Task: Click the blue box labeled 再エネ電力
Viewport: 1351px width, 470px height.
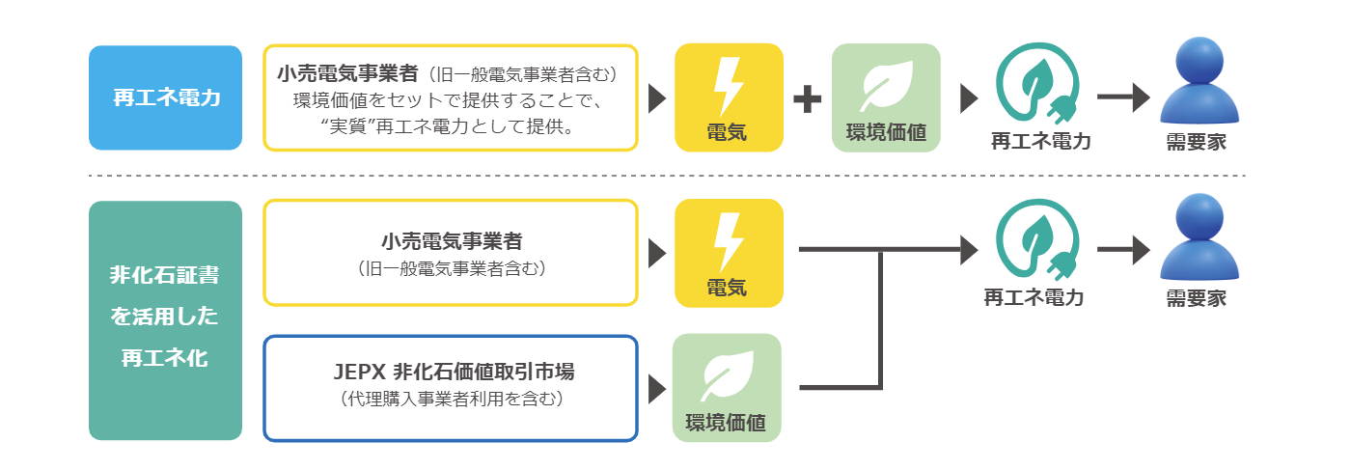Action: coord(165,97)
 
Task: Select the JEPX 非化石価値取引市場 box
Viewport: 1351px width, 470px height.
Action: coord(451,387)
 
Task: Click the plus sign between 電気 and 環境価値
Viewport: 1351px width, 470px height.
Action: coord(807,98)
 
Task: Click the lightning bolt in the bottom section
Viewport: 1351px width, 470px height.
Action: coord(728,241)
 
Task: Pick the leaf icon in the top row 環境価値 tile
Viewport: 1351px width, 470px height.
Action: coord(885,86)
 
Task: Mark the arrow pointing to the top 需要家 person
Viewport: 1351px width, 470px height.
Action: coord(1124,97)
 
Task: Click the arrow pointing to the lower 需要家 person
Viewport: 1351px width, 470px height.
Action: coord(1124,252)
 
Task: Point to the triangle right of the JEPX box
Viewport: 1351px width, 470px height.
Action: coord(657,388)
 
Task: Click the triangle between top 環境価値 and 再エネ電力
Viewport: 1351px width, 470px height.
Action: coord(969,98)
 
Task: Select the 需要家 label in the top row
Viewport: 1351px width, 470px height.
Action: coord(1197,141)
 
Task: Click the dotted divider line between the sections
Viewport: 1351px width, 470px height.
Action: coord(666,176)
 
